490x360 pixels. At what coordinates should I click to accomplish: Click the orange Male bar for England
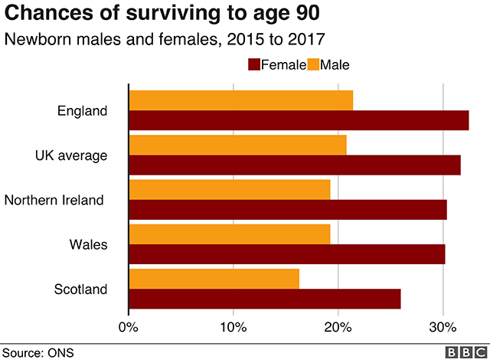[x=240, y=100]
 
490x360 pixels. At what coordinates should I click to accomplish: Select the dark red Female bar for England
[x=299, y=121]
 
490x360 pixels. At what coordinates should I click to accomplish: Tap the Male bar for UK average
[x=237, y=144]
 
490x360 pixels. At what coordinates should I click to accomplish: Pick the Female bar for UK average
[x=295, y=165]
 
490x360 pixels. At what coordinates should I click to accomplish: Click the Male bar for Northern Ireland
[x=229, y=189]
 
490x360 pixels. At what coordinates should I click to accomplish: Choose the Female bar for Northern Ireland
[x=287, y=210]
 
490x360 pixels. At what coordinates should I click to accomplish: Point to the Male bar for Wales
[x=229, y=234]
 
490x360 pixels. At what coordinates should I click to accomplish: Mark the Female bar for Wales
[x=286, y=254]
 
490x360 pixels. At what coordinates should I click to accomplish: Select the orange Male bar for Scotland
[x=214, y=278]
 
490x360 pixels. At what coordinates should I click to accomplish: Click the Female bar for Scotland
[x=264, y=299]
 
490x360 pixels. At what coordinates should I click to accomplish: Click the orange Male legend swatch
[x=312, y=65]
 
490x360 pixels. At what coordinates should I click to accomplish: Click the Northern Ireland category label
[x=54, y=200]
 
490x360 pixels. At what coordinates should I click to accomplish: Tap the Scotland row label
[x=80, y=289]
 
